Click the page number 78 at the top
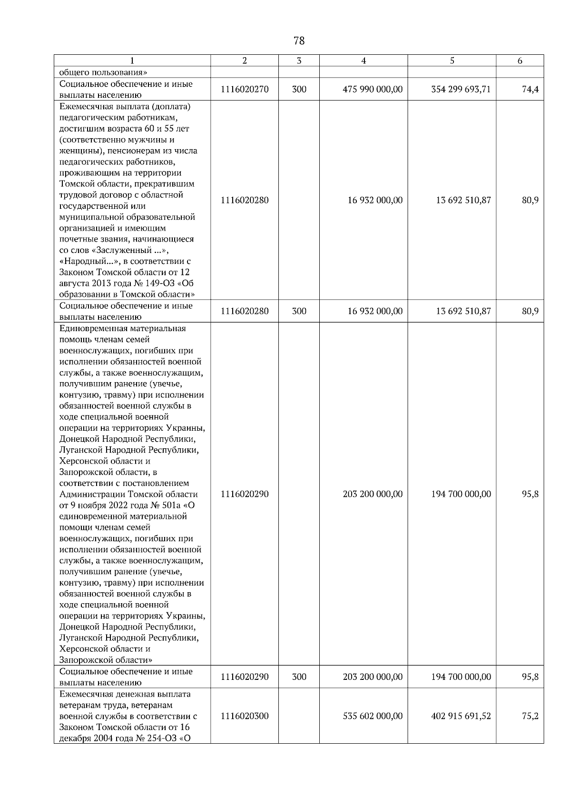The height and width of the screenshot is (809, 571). [299, 41]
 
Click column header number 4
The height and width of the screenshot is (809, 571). [364, 61]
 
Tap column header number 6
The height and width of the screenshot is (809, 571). [520, 61]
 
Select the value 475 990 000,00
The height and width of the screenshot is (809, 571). [373, 90]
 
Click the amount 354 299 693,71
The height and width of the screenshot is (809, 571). [461, 90]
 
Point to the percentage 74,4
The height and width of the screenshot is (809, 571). [530, 90]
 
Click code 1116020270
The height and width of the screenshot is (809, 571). [245, 90]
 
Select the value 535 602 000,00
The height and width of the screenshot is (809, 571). [373, 716]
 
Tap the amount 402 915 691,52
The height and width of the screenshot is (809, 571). [461, 716]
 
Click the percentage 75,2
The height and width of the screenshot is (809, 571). [530, 716]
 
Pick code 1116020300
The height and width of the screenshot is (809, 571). [245, 716]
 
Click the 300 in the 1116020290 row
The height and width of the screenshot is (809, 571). [299, 677]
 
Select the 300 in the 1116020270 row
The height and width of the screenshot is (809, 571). [299, 90]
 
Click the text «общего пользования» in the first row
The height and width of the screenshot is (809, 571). [103, 73]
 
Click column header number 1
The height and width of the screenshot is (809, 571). [132, 61]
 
